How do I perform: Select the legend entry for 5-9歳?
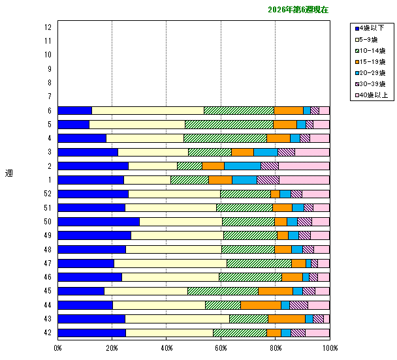(370, 39)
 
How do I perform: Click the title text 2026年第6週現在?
(298, 10)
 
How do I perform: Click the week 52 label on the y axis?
(48, 194)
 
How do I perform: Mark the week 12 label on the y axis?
(48, 27)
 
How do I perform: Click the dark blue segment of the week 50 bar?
(99, 222)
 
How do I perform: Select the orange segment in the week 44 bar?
(261, 305)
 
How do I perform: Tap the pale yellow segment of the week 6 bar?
(148, 110)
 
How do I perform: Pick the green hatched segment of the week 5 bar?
(229, 125)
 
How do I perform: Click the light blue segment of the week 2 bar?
(242, 166)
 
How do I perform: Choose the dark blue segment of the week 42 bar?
(91, 333)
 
